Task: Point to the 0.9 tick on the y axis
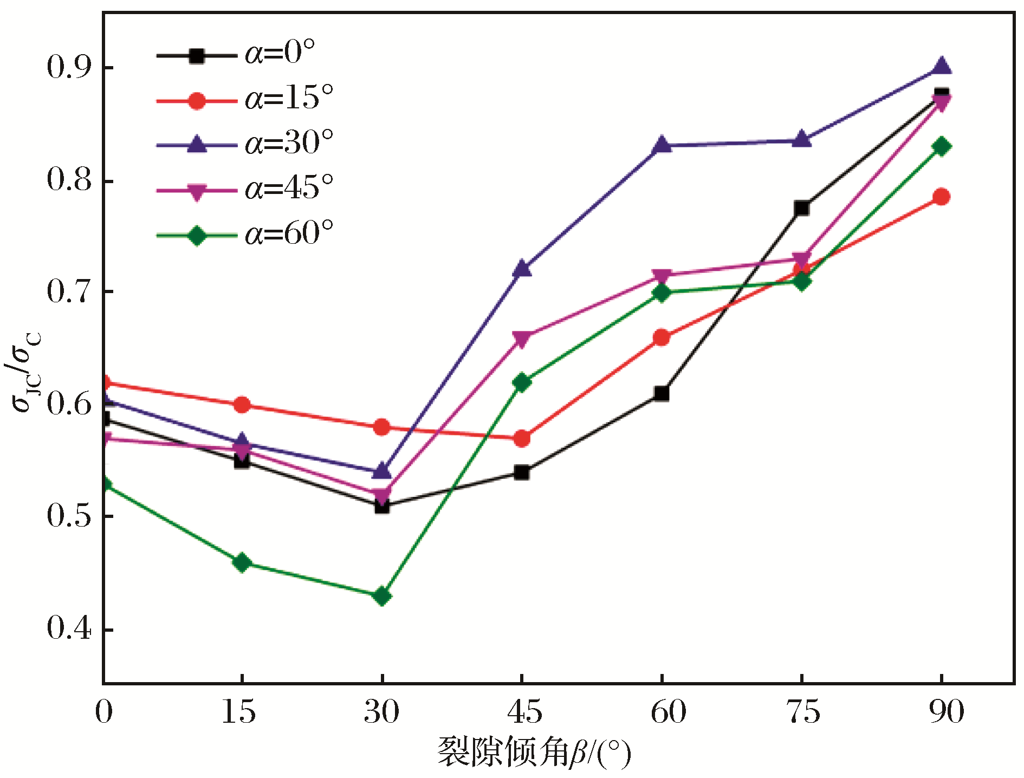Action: point(69,67)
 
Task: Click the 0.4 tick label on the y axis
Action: point(69,629)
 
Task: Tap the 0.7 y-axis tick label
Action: point(69,292)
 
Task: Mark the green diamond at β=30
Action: point(382,597)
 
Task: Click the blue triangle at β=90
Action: point(942,66)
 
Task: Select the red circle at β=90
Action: point(942,197)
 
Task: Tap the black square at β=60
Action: point(662,393)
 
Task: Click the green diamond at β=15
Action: point(242,563)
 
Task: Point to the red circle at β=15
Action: point(242,405)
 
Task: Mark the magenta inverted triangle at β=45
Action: point(522,340)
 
